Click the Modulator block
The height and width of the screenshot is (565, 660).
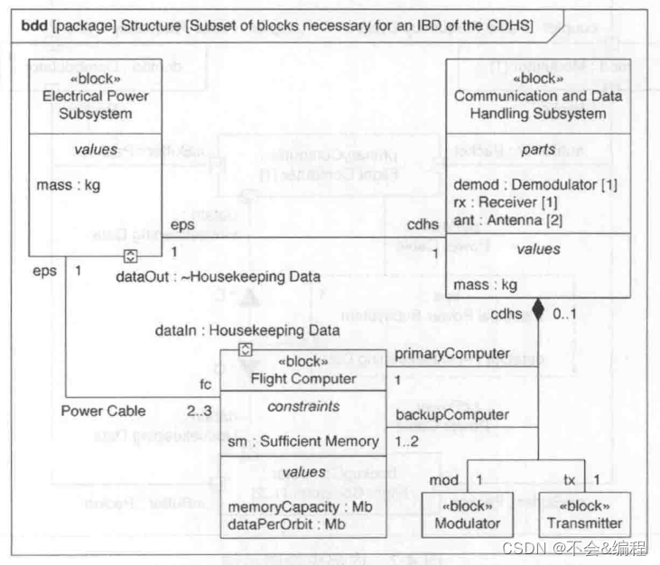[466, 514]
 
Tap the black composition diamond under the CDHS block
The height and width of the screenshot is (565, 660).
[538, 311]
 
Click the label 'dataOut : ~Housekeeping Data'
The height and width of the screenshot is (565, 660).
[218, 277]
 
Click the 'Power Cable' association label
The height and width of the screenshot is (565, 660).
[103, 411]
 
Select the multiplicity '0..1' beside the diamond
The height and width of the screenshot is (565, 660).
[566, 313]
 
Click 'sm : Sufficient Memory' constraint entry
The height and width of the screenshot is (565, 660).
[302, 441]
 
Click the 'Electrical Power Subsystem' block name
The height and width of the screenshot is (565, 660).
[88, 106]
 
